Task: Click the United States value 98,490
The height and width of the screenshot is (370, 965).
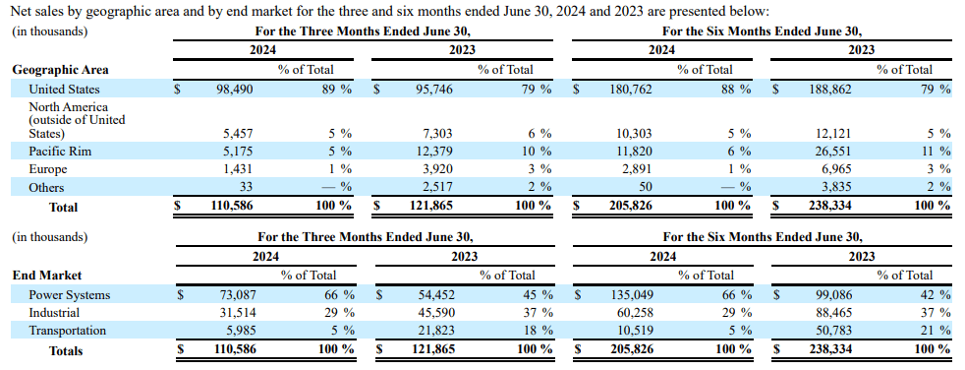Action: coord(235,89)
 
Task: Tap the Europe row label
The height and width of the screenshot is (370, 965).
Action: coord(48,169)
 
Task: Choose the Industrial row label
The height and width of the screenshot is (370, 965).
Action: coord(55,313)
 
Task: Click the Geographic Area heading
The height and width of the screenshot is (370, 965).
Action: coord(60,70)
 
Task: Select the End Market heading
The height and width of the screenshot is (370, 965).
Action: coord(46,276)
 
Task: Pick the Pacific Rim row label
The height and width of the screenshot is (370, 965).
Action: coord(60,152)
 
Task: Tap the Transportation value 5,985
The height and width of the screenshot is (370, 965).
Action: coord(240,331)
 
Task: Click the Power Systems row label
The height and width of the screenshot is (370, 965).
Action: coord(69,294)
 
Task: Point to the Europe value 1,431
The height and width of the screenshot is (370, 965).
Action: coord(240,169)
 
